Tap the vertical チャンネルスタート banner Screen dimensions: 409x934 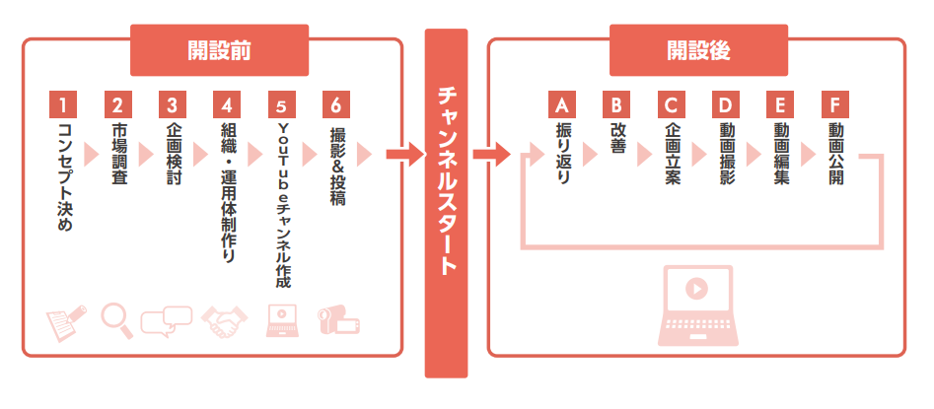pos(445,202)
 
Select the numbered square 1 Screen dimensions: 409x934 pos(62,104)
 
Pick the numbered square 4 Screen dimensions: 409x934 pos(227,104)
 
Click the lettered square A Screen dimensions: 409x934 pos(561,104)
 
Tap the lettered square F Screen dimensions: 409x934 pos(834,104)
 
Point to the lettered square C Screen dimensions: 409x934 pos(671,104)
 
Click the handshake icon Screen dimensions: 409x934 pos(225,321)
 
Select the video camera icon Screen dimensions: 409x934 pos(337,321)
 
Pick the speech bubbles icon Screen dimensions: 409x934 pos(167,321)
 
